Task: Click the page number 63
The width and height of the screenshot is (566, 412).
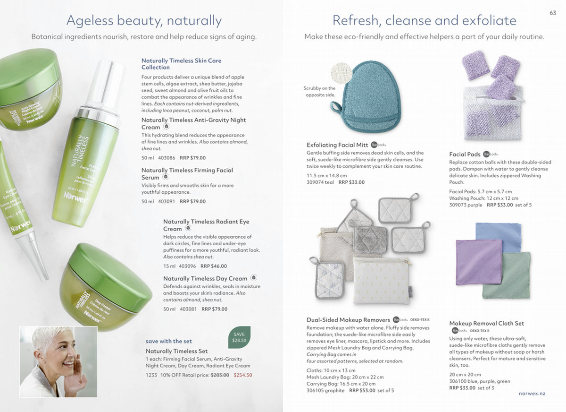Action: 553,13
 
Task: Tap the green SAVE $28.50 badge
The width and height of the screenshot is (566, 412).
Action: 239,337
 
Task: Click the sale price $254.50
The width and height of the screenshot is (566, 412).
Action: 243,375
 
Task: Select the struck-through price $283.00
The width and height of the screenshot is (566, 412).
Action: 220,375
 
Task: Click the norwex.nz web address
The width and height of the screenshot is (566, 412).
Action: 532,394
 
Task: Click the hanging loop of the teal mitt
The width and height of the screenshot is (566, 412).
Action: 336,106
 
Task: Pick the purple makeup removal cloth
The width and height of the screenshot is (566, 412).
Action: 479,262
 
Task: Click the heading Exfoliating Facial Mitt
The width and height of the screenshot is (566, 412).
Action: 337,145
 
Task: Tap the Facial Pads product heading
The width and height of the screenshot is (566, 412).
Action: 465,154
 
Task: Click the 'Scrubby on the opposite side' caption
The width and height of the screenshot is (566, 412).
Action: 320,92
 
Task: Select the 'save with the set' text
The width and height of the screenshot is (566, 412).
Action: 168,341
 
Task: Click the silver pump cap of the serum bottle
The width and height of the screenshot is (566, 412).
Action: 106,86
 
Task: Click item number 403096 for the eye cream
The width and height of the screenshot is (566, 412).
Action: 187,266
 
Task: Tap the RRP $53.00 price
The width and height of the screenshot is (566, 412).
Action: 362,390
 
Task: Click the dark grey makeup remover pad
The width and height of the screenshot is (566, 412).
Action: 370,239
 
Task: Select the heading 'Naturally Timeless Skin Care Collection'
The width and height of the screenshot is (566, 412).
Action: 181,64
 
